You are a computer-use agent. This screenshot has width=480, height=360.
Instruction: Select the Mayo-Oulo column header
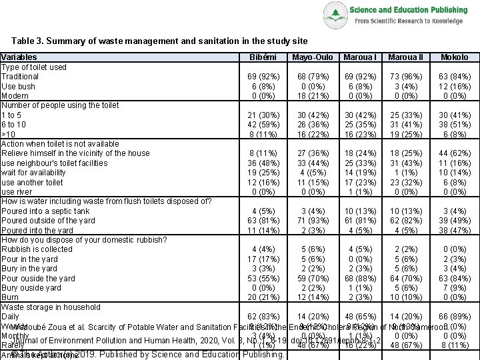tap(311, 58)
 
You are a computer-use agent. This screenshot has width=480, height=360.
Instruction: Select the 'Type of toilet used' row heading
tap(33, 67)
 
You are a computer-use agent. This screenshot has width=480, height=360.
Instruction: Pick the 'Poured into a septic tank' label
tap(45, 211)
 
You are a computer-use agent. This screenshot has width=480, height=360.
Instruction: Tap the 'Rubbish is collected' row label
tap(37, 250)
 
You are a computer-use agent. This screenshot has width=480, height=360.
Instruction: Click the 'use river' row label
tap(17, 192)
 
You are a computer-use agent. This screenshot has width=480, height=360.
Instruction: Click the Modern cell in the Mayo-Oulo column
tap(311, 96)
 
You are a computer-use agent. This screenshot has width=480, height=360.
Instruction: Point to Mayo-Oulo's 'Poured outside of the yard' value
tap(311, 221)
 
